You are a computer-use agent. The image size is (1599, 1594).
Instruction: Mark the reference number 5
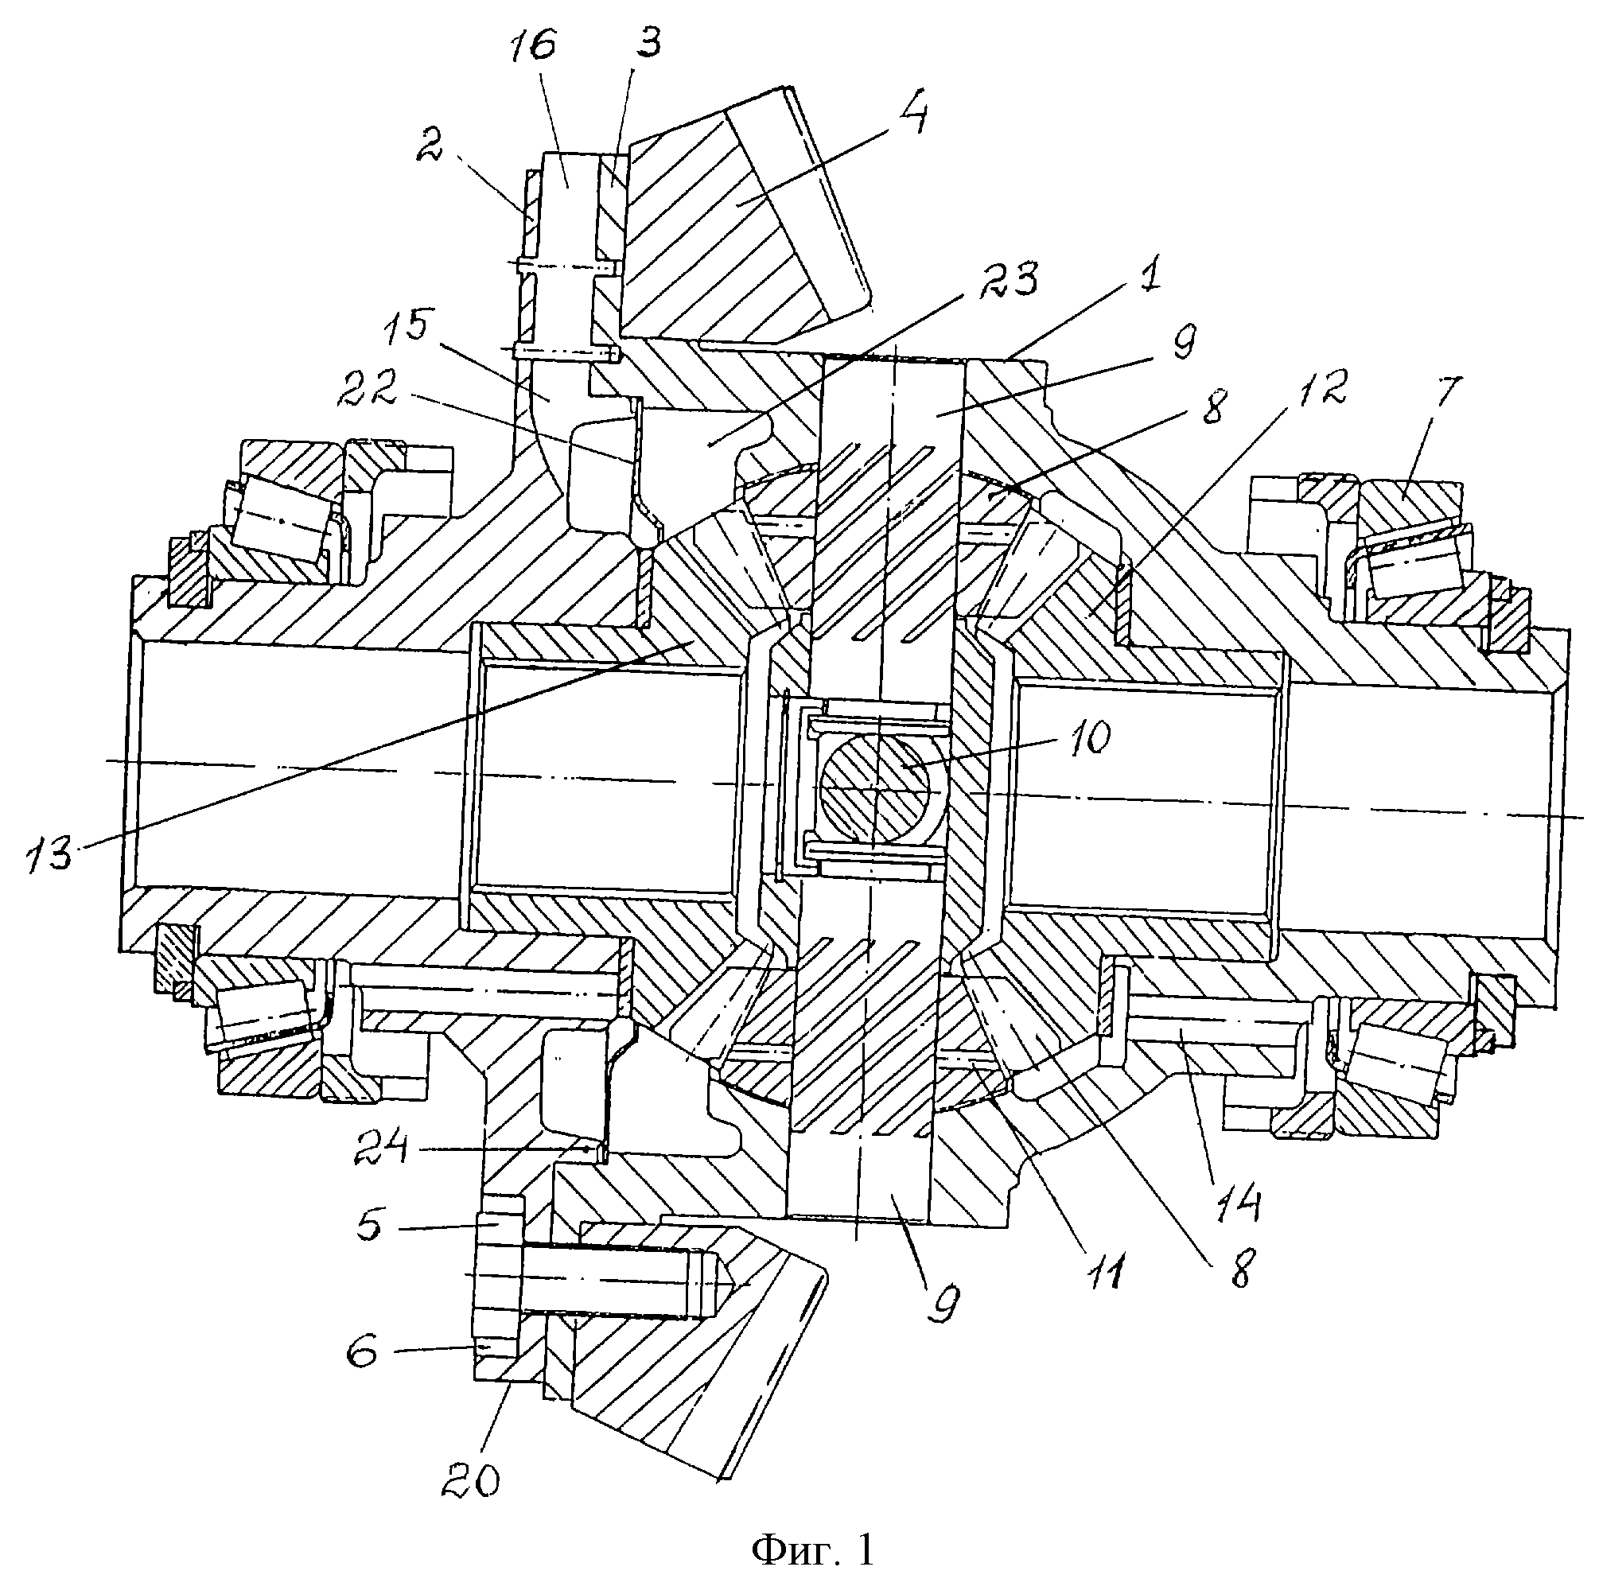pyautogui.click(x=369, y=1227)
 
